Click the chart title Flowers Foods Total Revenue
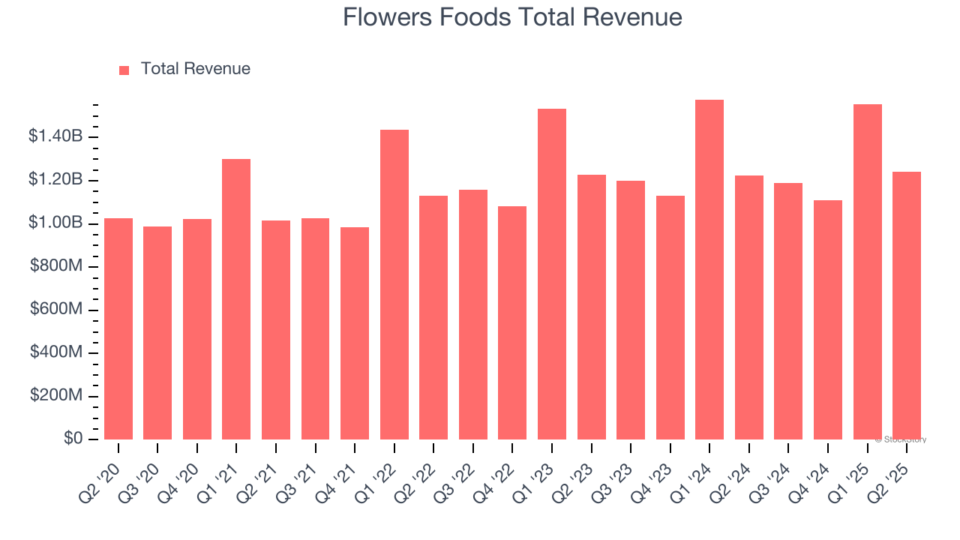(x=512, y=17)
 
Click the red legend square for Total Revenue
(x=124, y=70)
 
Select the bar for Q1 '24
(x=709, y=269)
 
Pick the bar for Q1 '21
(x=236, y=299)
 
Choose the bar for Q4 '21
(x=355, y=333)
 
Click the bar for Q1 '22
(x=394, y=284)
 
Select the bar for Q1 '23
(x=552, y=274)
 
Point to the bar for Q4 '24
(x=828, y=319)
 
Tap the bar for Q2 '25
(x=907, y=305)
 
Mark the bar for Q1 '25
(x=868, y=271)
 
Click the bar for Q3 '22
(x=473, y=314)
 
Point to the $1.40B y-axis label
(x=55, y=136)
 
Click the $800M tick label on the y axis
(x=57, y=266)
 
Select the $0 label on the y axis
(x=73, y=439)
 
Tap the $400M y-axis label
(x=57, y=352)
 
